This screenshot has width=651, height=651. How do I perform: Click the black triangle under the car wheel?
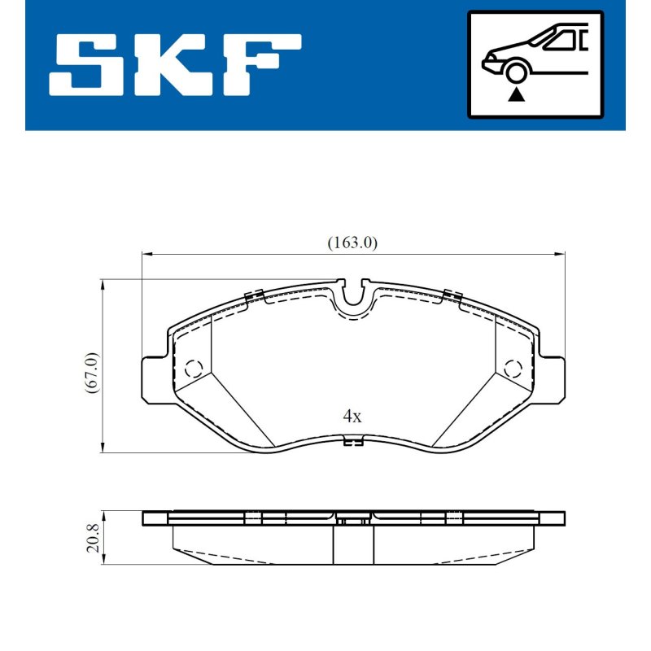516,95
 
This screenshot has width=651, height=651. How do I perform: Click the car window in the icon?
561,40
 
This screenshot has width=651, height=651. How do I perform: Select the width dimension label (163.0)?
352,242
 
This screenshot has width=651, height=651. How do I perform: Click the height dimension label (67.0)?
92,373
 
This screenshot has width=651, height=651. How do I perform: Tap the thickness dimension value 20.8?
92,538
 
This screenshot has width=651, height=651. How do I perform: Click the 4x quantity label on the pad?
352,416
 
